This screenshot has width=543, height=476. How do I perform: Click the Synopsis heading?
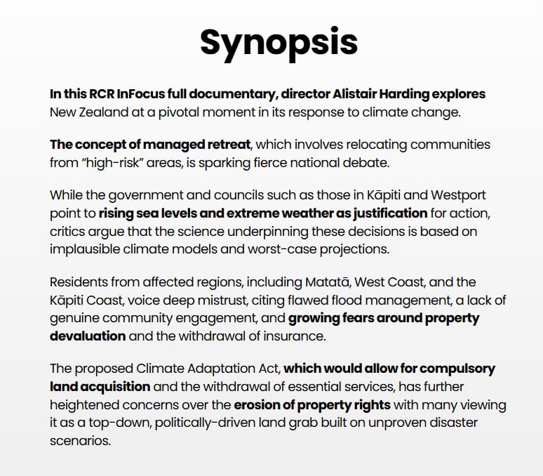[x=279, y=42]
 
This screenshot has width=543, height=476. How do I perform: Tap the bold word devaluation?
[x=88, y=336]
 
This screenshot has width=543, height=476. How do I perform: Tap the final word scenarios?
[x=81, y=442]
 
